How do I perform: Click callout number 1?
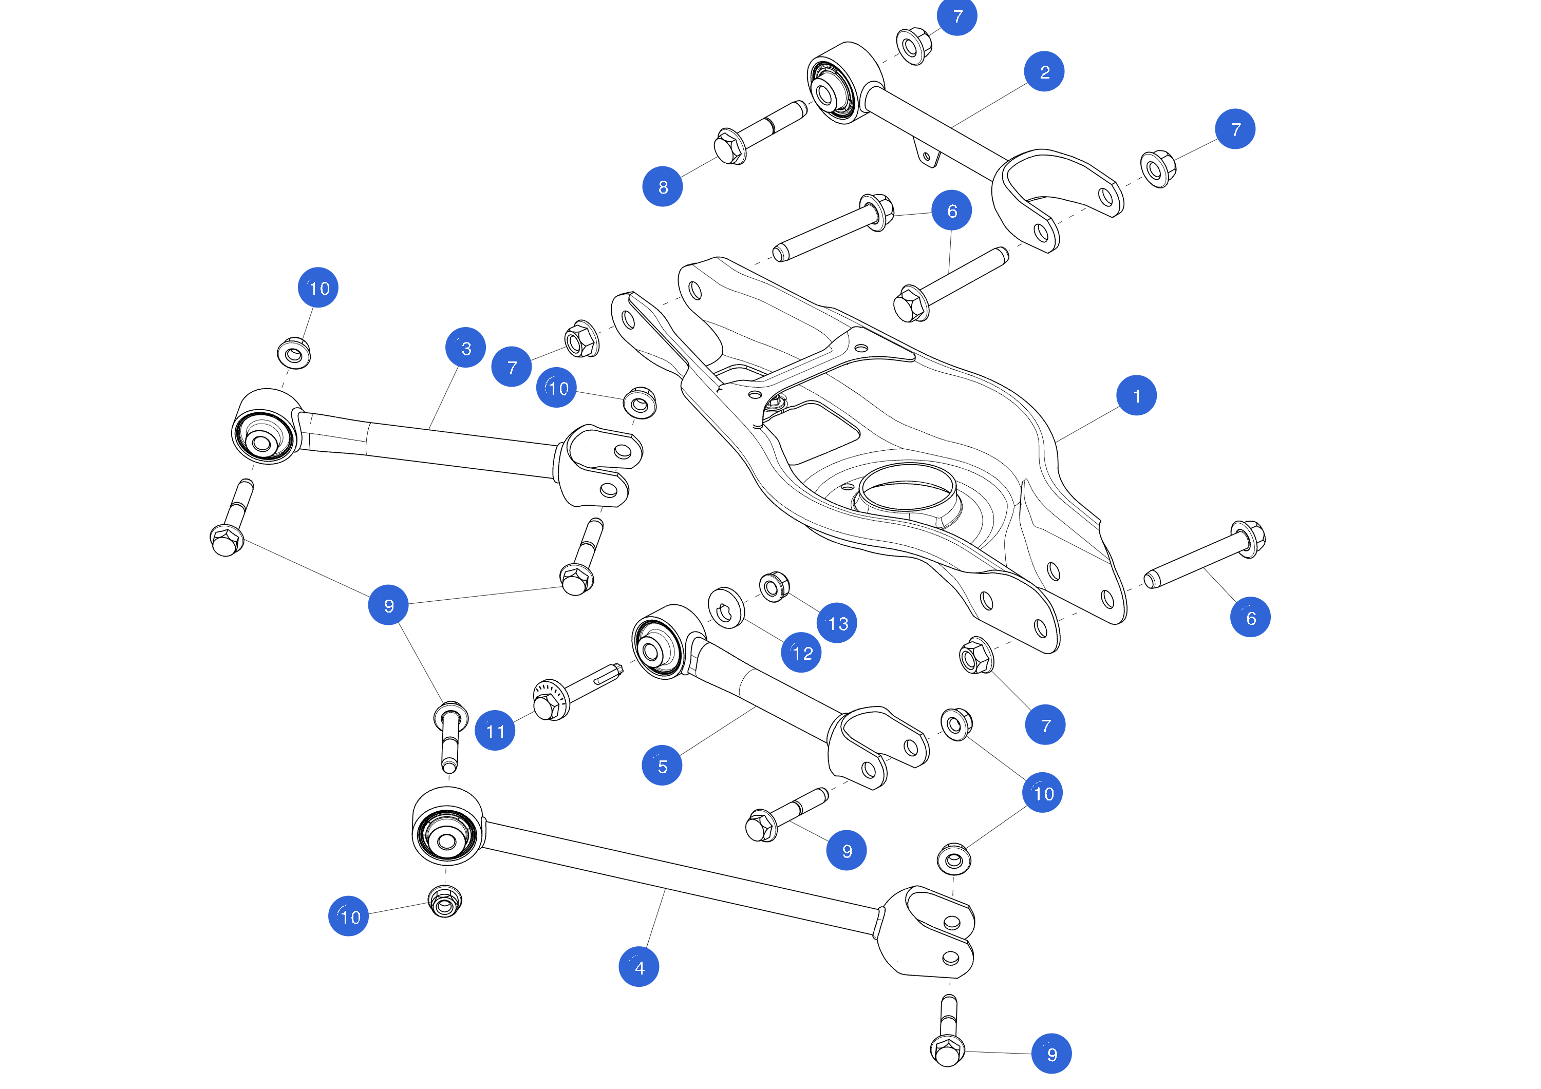click(x=1136, y=395)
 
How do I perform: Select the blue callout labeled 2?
click(x=1044, y=71)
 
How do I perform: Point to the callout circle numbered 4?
click(x=638, y=967)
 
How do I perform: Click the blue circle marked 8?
click(x=663, y=186)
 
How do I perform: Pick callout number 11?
click(x=495, y=730)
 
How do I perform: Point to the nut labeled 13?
click(x=774, y=587)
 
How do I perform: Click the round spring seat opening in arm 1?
click(x=908, y=490)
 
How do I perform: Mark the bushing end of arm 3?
click(x=264, y=429)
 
